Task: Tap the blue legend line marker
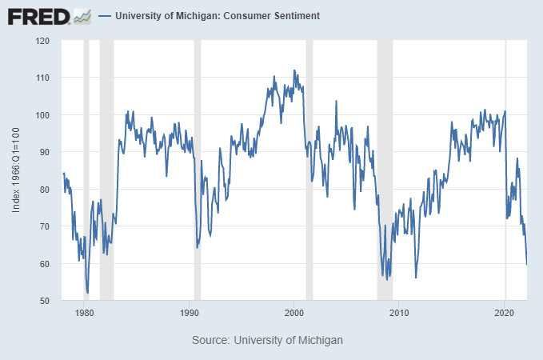104,16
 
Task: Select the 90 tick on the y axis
45,152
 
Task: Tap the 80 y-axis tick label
45,190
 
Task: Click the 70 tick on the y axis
45,226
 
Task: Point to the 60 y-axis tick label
45,264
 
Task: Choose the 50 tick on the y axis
45,301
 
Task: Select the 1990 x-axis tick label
190,314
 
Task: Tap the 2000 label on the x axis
294,314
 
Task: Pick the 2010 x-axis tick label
399,314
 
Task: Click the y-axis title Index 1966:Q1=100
17,170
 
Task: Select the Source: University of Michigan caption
267,340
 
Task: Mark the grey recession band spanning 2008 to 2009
385,170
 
